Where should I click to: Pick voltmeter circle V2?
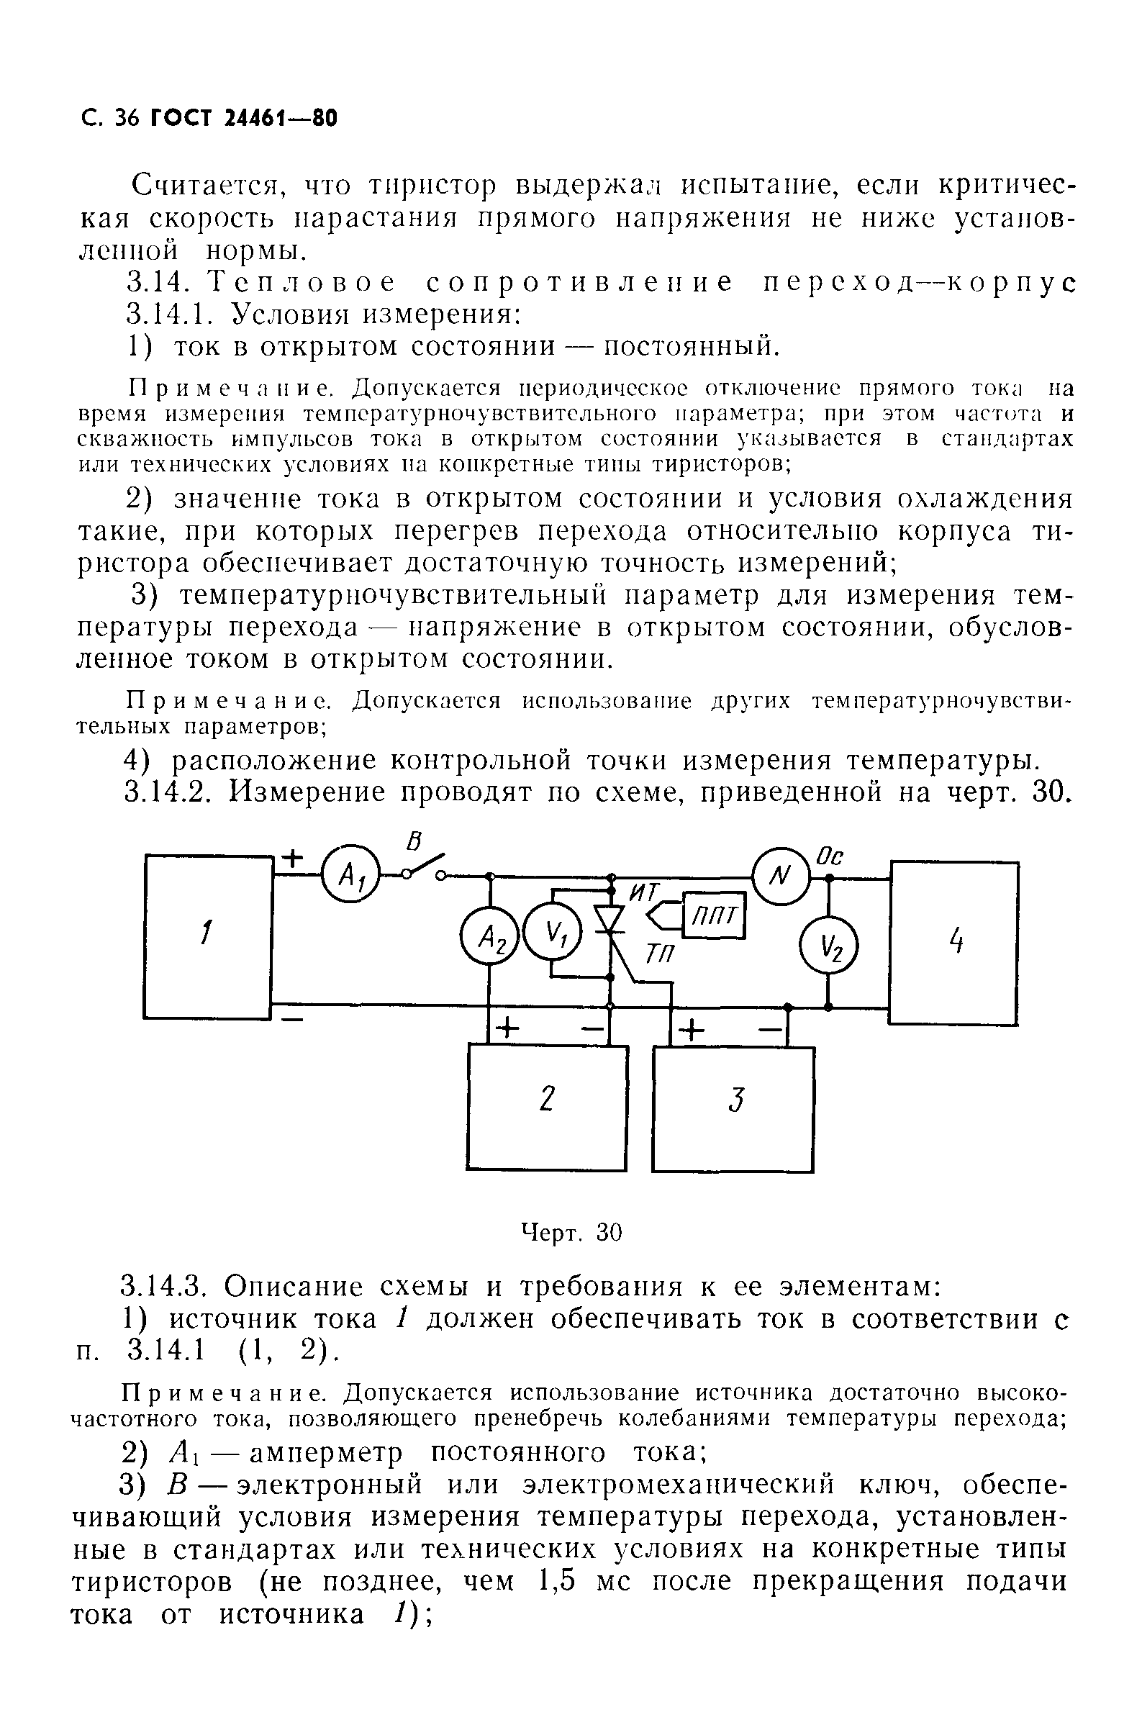(829, 946)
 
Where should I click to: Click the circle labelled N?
(781, 876)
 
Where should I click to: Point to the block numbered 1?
(208, 936)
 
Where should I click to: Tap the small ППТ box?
(714, 915)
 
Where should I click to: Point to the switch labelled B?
(424, 866)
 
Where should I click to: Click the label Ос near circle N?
(830, 856)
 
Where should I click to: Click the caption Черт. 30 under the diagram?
(572, 1233)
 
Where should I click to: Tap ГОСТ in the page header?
(180, 118)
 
